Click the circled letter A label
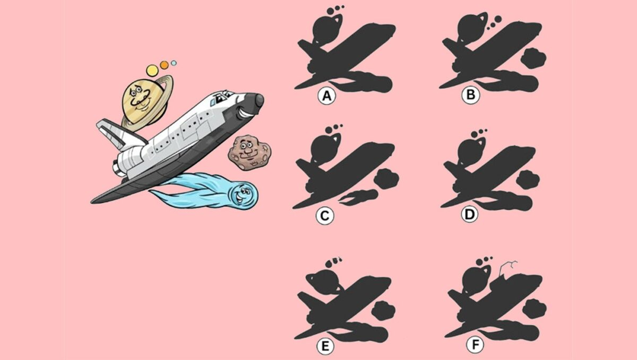(x=327, y=96)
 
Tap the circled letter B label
(x=471, y=95)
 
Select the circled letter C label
(x=325, y=216)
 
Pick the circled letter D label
(x=470, y=214)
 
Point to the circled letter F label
(x=475, y=345)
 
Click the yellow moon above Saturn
(x=152, y=70)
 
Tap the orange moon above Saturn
(x=164, y=65)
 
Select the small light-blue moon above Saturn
(x=173, y=63)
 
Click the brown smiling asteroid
(x=249, y=152)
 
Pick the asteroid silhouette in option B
(x=534, y=58)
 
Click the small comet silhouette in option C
(x=359, y=197)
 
